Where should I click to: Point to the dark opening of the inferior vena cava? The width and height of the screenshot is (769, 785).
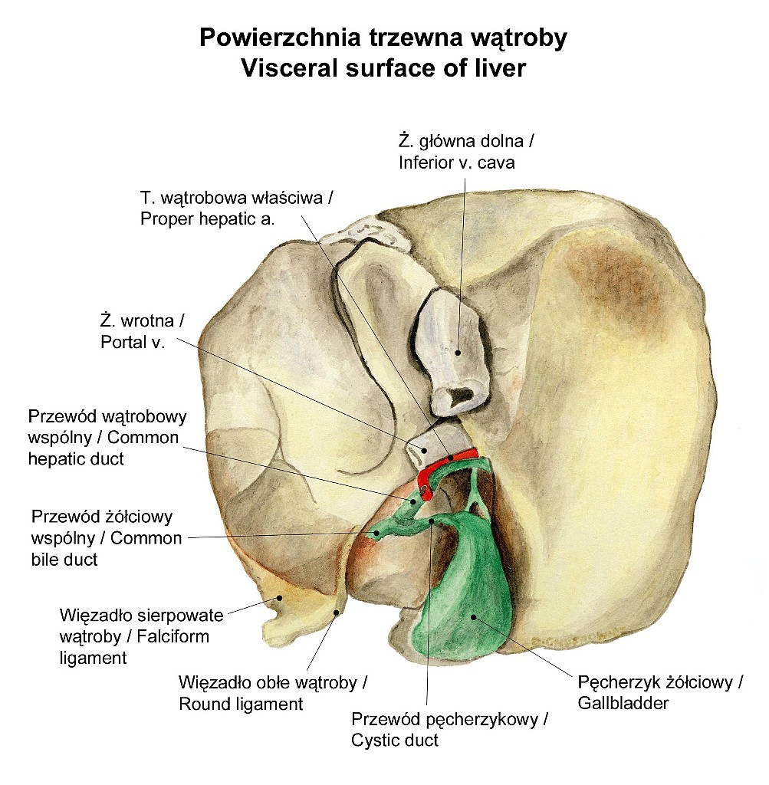pyautogui.click(x=461, y=396)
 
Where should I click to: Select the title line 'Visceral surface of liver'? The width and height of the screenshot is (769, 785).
pyautogui.click(x=383, y=68)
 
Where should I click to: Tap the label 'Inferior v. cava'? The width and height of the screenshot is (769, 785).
pyautogui.click(x=457, y=163)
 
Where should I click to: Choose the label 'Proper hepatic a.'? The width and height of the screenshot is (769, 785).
pyautogui.click(x=207, y=218)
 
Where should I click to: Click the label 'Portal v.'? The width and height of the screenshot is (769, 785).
pyautogui.click(x=133, y=342)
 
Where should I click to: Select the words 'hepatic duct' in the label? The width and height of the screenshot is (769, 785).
pyautogui.click(x=76, y=458)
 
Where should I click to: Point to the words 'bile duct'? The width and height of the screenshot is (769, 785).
pyautogui.click(x=64, y=559)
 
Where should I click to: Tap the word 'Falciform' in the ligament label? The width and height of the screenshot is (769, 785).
pyautogui.click(x=173, y=636)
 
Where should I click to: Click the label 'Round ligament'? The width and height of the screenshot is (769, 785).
pyautogui.click(x=241, y=704)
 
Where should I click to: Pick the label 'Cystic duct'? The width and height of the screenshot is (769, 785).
pyautogui.click(x=395, y=740)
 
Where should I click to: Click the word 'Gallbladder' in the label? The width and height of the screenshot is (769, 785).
pyautogui.click(x=623, y=703)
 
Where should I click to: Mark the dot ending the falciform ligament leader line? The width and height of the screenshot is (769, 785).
pyautogui.click(x=280, y=598)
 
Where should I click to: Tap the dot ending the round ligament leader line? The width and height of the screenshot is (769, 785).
pyautogui.click(x=337, y=612)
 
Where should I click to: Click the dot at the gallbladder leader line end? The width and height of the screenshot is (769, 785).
pyautogui.click(x=473, y=617)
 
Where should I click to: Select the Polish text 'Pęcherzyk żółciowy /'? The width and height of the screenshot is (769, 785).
pyautogui.click(x=660, y=682)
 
